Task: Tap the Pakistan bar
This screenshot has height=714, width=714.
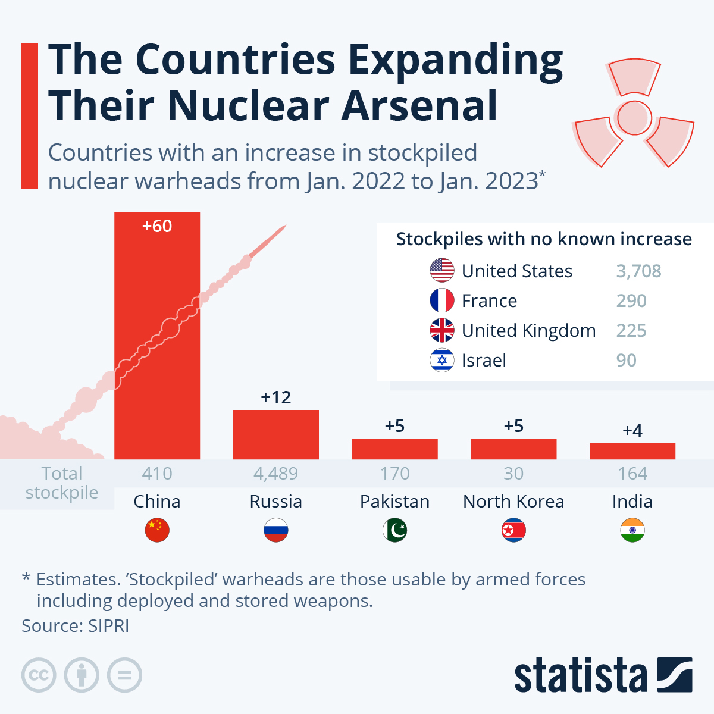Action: [394, 449]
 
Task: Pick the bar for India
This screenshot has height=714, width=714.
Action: [632, 451]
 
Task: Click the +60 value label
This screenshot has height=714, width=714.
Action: [157, 226]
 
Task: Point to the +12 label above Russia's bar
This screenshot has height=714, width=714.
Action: [275, 397]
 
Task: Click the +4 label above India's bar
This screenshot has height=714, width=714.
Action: [632, 430]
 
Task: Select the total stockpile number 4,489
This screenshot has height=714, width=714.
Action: [275, 474]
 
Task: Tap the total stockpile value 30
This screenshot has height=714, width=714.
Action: [513, 474]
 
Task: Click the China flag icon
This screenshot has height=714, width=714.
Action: [157, 530]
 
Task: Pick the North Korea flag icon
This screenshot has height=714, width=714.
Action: [513, 530]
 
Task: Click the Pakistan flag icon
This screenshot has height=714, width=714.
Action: [394, 530]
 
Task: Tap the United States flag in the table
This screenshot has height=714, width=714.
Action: [441, 271]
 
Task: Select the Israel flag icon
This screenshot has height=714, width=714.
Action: [441, 361]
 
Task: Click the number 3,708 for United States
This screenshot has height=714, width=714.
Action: [638, 271]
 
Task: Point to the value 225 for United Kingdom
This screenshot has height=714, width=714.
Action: [631, 331]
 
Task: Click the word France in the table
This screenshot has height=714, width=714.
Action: [489, 301]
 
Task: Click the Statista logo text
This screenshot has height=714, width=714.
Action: [580, 676]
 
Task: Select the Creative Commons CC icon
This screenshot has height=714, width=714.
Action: [39, 675]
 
